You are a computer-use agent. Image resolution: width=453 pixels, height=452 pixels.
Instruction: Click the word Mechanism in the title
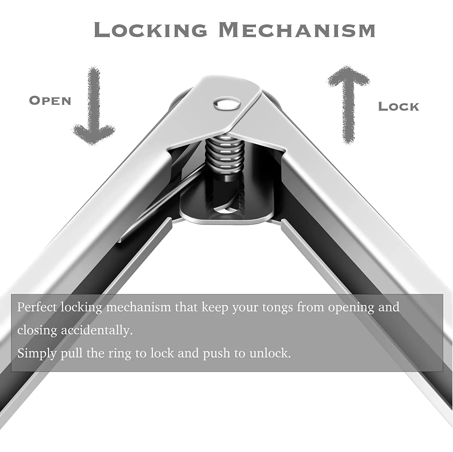tap(297, 30)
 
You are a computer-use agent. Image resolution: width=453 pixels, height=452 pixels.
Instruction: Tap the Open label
tap(50, 101)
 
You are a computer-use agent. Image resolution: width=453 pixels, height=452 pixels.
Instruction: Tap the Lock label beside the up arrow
tap(398, 107)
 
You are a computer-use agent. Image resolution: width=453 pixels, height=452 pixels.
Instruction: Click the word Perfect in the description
tap(37, 307)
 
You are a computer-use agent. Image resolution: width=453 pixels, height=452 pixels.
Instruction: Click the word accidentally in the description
tap(97, 330)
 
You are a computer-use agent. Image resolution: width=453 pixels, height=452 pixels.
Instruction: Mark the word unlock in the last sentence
tap(270, 353)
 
